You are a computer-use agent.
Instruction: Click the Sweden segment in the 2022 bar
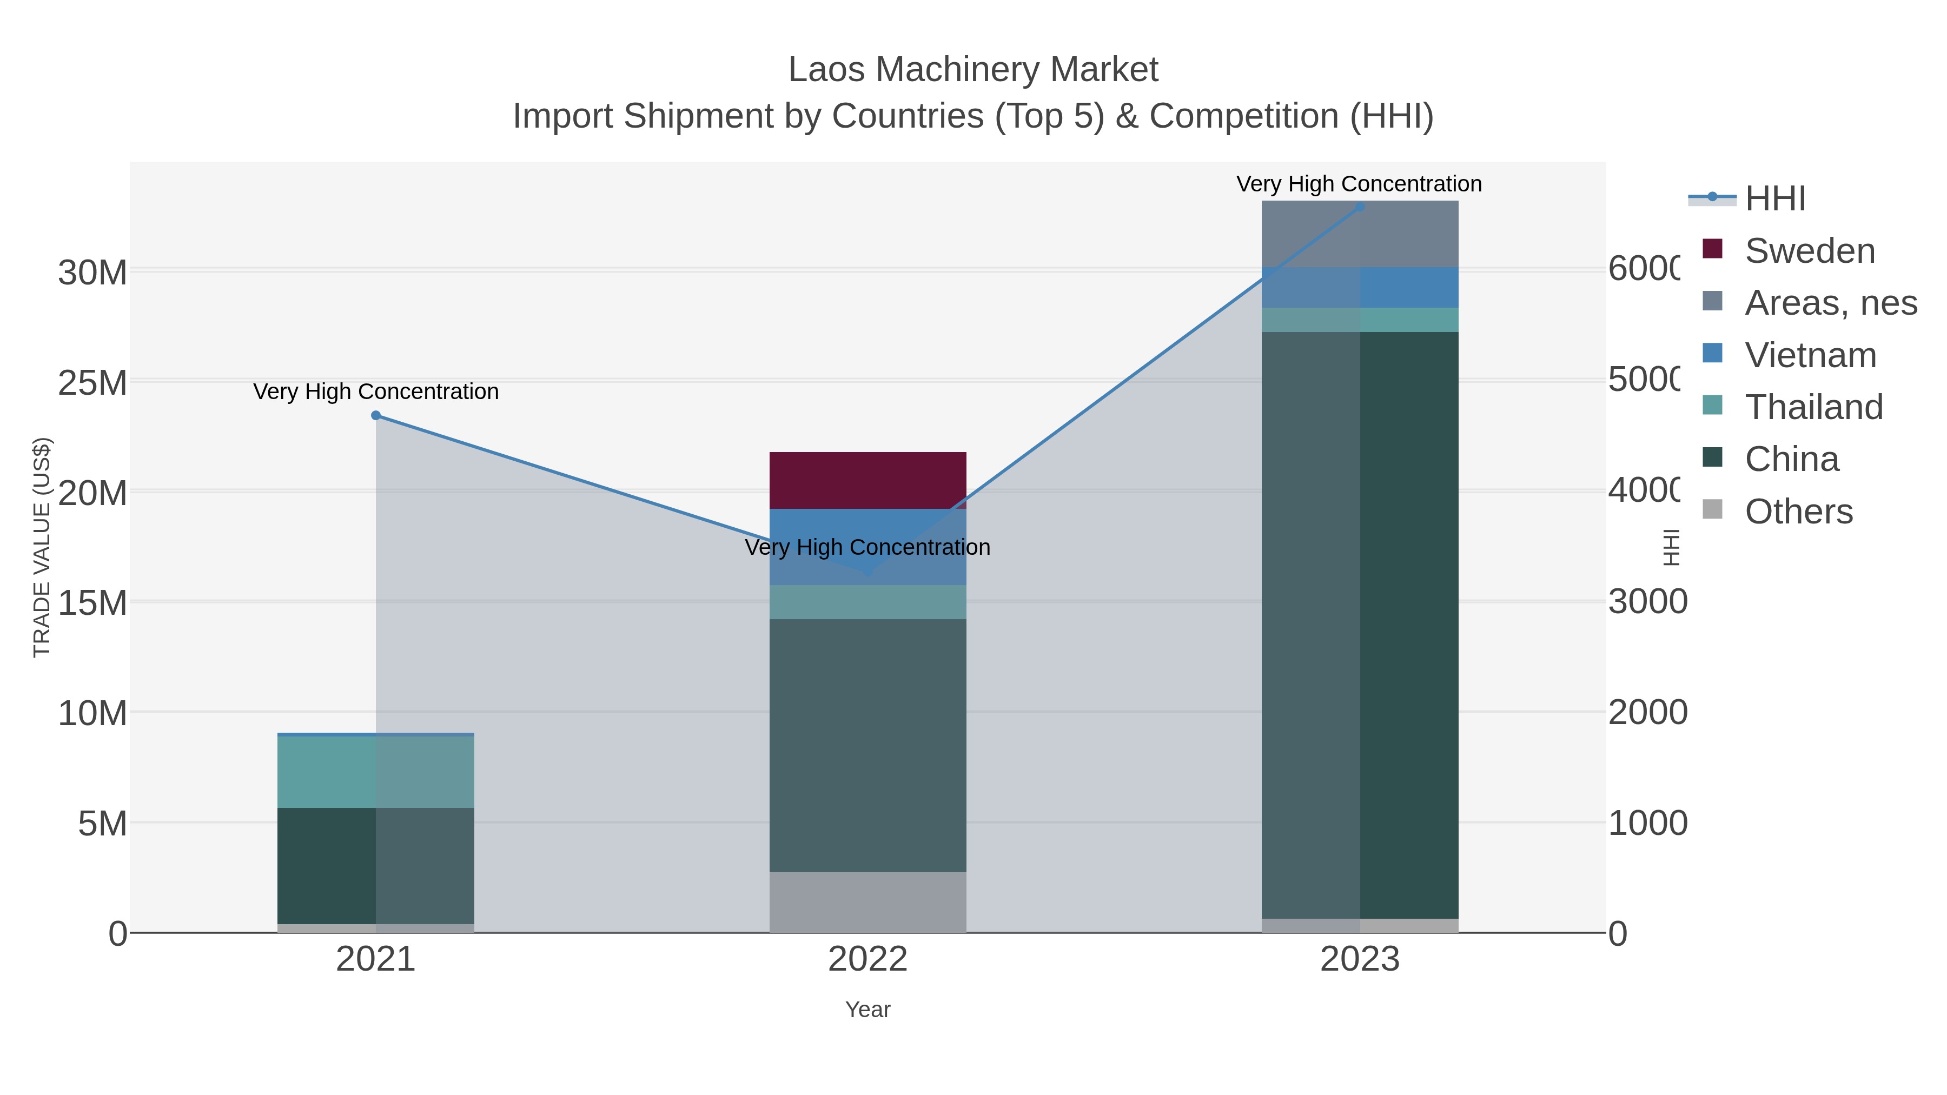click(x=867, y=481)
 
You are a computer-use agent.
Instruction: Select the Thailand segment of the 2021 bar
click(x=376, y=772)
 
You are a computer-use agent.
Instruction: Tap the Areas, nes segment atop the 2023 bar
click(x=1360, y=234)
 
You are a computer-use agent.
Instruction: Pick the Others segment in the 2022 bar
click(x=867, y=902)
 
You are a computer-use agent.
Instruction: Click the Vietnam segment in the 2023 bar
click(x=1360, y=287)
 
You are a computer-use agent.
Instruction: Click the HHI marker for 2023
click(x=1360, y=207)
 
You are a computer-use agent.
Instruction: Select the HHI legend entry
click(x=1774, y=199)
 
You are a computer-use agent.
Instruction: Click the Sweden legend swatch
click(x=1713, y=249)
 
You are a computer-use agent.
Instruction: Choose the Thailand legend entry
click(x=1813, y=407)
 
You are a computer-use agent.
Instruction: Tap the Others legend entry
click(x=1798, y=512)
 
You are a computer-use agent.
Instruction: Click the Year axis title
click(x=867, y=1010)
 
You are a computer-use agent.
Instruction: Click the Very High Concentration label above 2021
click(x=376, y=391)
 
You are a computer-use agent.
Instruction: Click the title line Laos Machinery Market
click(x=973, y=70)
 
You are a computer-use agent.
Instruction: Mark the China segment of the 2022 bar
click(x=867, y=745)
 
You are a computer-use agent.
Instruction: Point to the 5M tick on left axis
click(x=102, y=824)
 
